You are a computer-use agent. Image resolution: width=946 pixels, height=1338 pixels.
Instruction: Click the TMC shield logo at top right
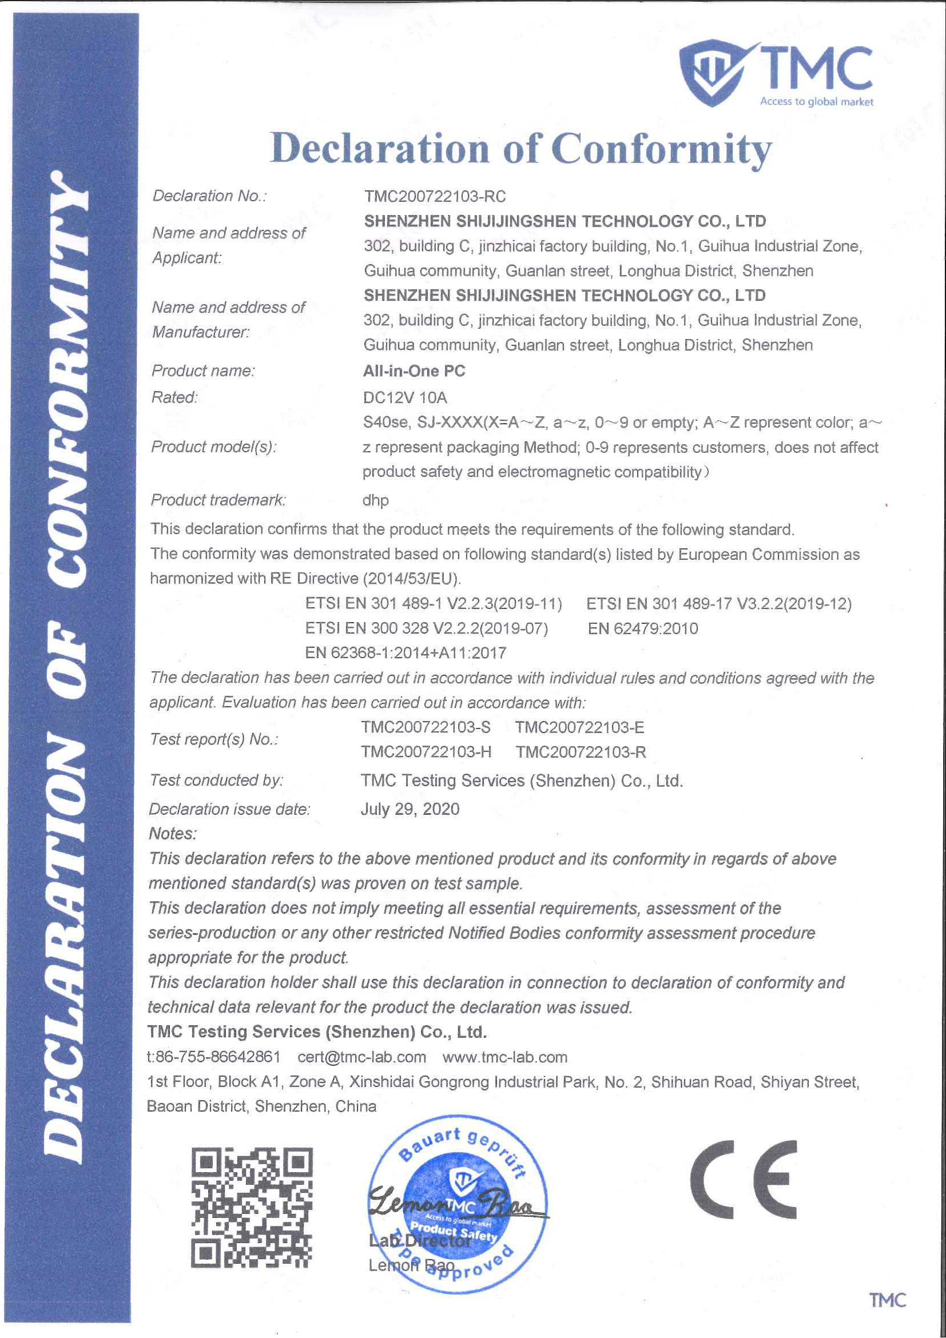(712, 72)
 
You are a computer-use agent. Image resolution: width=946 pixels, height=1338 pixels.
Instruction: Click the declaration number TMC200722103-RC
(435, 196)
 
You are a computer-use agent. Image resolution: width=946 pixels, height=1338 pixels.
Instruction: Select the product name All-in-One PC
(414, 371)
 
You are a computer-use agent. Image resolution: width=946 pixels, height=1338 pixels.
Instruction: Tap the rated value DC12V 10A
(404, 398)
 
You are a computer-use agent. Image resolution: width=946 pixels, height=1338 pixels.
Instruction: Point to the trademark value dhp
(375, 500)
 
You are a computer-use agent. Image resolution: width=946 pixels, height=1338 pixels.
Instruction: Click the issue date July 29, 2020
(410, 810)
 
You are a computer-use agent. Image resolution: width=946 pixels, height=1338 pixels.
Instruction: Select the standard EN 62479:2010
(642, 629)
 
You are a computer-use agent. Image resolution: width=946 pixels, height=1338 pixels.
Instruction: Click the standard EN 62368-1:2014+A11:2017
(405, 653)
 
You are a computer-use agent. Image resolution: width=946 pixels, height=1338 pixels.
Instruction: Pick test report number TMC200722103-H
(426, 752)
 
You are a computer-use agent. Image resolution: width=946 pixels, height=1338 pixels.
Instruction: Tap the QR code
(252, 1209)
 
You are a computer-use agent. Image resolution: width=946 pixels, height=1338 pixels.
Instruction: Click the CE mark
(743, 1180)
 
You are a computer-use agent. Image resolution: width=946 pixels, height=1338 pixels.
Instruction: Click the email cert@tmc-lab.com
(361, 1058)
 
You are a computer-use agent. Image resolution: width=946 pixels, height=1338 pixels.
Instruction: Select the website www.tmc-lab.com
(505, 1058)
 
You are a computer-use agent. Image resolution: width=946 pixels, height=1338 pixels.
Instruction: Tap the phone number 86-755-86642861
(218, 1058)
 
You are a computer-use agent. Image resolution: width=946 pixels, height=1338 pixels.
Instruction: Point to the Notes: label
(173, 834)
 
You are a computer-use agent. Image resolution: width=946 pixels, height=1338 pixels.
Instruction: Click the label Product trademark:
(218, 500)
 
